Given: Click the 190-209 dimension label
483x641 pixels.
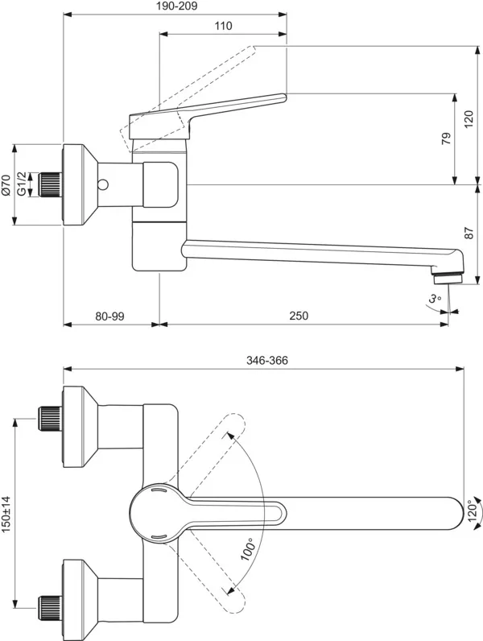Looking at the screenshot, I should pos(174,6).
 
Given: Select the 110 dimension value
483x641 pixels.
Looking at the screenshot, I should pos(223,26).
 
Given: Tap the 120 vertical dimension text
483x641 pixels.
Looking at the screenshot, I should pos(469,121).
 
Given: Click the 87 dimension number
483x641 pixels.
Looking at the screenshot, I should pos(469,234).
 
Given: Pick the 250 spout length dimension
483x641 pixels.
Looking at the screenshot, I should pos(299,316).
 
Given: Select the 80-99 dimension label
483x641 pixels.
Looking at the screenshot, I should pos(109,316).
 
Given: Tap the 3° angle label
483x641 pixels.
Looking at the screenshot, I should pos(436,299).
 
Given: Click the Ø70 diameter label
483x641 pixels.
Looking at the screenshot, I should pos(6,185).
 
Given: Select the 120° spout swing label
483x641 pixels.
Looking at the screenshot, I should pos(473,512).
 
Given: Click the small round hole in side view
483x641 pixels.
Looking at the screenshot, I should pos(102,185).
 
